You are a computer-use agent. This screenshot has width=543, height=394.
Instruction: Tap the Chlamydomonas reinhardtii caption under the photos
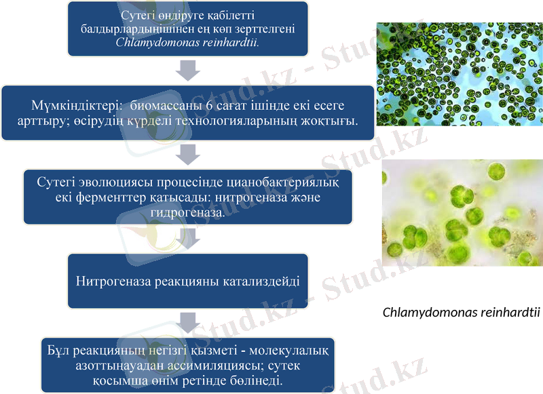point(461,313)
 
